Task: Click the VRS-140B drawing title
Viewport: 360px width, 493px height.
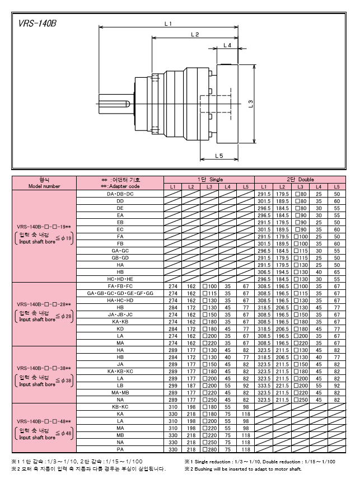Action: tap(38, 24)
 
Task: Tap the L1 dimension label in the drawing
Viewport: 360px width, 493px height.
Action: tap(168, 24)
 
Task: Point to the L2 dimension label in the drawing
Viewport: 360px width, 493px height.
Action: tap(195, 34)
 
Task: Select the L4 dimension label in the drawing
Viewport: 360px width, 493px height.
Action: tap(227, 45)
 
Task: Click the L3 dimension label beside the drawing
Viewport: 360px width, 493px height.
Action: tap(251, 104)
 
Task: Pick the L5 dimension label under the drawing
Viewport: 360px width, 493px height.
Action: tap(219, 156)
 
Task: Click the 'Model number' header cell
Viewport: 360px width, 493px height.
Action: tap(44, 186)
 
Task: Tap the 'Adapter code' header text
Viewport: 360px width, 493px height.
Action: tap(120, 186)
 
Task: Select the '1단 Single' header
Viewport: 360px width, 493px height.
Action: tap(210, 180)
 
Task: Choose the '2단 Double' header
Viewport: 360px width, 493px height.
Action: tap(300, 180)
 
